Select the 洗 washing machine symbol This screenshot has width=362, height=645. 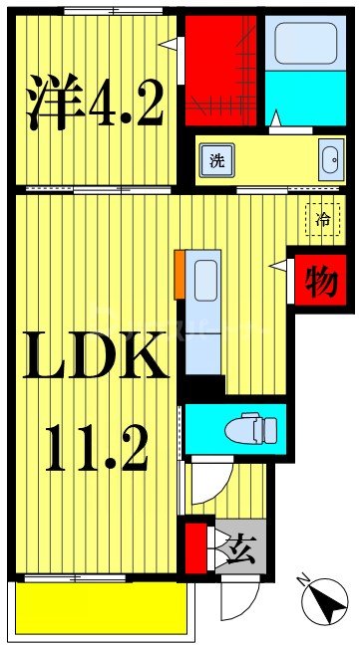coord(216,160)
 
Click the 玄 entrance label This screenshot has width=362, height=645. coord(243,545)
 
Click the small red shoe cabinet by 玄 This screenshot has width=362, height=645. coord(195,545)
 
